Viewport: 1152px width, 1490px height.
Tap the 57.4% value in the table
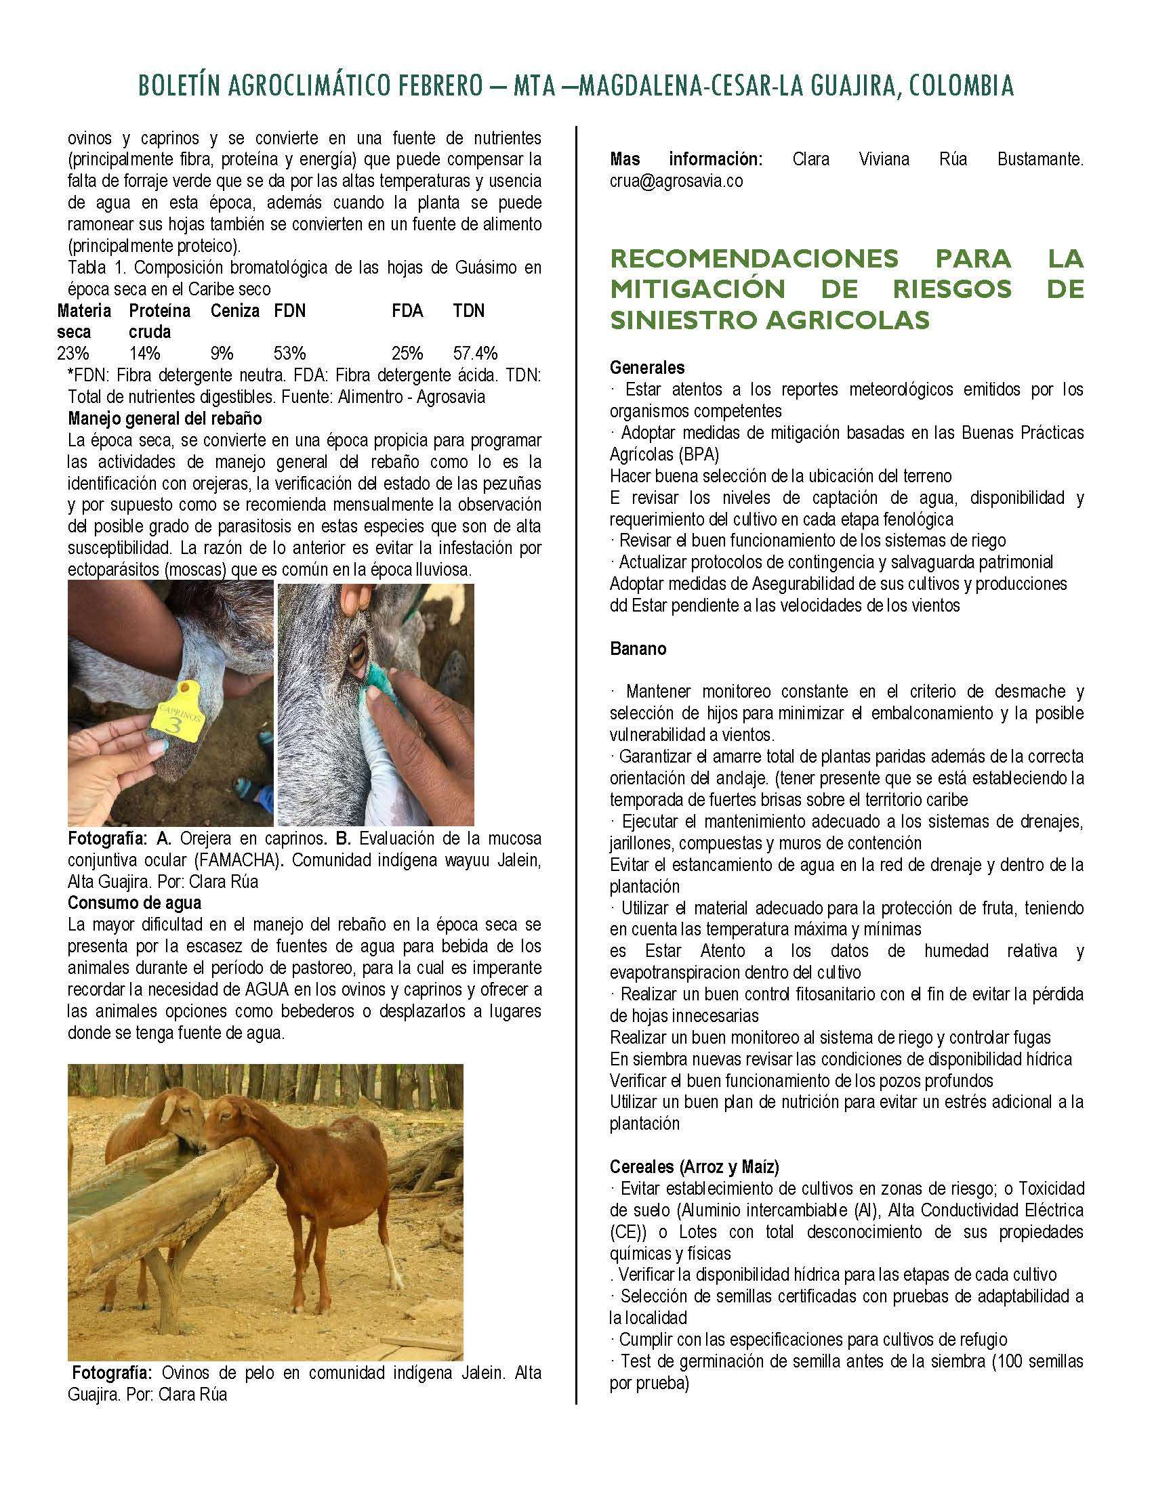point(475,354)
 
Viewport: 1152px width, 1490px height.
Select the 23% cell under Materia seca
point(73,354)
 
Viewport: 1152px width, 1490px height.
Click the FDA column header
point(407,311)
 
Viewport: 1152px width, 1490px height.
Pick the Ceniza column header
point(234,311)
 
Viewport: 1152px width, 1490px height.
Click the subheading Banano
point(638,649)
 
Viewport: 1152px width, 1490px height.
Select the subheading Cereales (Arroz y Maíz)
point(694,1166)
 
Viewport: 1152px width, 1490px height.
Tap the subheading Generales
point(647,368)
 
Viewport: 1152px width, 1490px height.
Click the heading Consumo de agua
point(134,903)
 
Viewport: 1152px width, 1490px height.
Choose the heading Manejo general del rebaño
point(165,418)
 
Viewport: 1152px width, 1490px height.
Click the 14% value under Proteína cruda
point(145,354)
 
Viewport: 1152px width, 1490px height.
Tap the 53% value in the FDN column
point(289,354)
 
